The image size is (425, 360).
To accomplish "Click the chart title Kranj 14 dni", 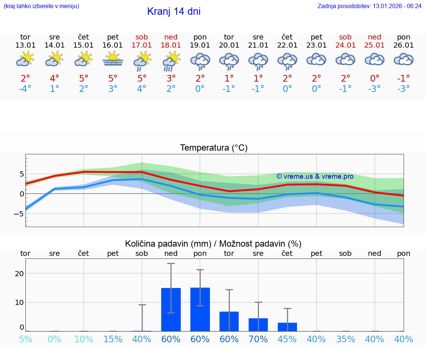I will pyautogui.click(x=174, y=11).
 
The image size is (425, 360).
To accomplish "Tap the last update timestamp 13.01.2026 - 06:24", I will pyautogui.click(x=369, y=6).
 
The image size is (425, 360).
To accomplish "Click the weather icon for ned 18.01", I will pyautogui.click(x=171, y=60).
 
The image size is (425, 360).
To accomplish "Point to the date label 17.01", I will pyautogui.click(x=142, y=45).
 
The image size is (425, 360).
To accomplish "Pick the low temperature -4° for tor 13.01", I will pyautogui.click(x=25, y=89).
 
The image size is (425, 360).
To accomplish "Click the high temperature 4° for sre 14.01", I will pyautogui.click(x=55, y=79).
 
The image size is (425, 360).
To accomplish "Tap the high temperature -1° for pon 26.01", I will pyautogui.click(x=404, y=79).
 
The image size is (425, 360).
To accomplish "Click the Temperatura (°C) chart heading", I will pyautogui.click(x=214, y=148).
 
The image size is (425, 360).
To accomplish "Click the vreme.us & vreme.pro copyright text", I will pyautogui.click(x=315, y=176).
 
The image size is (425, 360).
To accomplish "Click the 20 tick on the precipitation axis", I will pyautogui.click(x=19, y=274).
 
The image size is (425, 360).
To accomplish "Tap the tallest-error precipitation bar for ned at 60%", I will pyautogui.click(x=171, y=309).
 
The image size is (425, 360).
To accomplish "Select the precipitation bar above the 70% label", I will pyautogui.click(x=258, y=325).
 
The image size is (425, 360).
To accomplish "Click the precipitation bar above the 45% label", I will pyautogui.click(x=287, y=327).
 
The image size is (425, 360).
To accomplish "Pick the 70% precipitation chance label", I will pyautogui.click(x=258, y=339).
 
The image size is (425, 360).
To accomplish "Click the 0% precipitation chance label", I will pyautogui.click(x=55, y=339).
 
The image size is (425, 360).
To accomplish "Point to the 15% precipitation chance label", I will pyautogui.click(x=113, y=339).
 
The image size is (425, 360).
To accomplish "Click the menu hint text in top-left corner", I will pyautogui.click(x=41, y=6).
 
